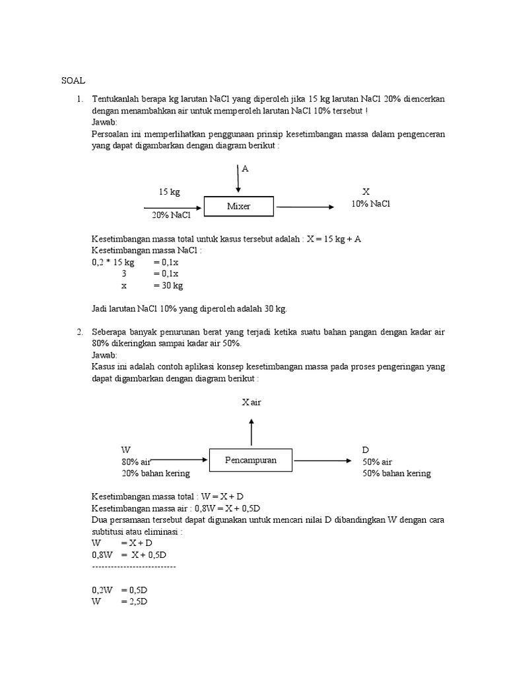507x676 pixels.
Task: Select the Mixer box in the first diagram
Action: click(x=238, y=207)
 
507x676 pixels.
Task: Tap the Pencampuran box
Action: click(x=250, y=460)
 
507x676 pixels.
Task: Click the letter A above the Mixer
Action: click(x=245, y=169)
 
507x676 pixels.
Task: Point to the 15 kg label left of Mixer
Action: click(x=168, y=192)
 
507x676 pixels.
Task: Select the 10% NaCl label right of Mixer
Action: click(x=370, y=204)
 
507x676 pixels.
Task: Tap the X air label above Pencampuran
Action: click(x=252, y=402)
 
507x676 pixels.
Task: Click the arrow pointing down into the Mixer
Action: click(x=238, y=180)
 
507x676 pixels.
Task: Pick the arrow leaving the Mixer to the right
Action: click(x=305, y=207)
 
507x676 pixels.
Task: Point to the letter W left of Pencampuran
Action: click(x=125, y=450)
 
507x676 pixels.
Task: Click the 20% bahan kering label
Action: click(x=155, y=473)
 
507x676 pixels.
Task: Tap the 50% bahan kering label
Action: click(x=396, y=473)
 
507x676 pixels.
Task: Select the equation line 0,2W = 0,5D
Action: click(x=119, y=590)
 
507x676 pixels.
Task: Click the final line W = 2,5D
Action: click(x=119, y=601)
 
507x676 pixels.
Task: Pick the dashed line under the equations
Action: click(x=133, y=566)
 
